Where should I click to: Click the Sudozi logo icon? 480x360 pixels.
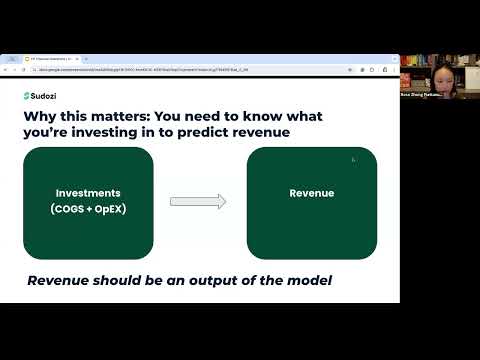coord(27,96)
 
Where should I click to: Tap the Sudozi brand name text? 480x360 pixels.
coord(47,96)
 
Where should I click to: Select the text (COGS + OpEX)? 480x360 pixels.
coord(88,208)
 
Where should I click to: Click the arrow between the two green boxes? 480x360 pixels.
coord(198,201)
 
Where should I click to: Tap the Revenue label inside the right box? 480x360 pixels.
coord(311,193)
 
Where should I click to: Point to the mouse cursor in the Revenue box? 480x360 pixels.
coord(353,160)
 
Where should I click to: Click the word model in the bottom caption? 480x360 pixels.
coord(306,280)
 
